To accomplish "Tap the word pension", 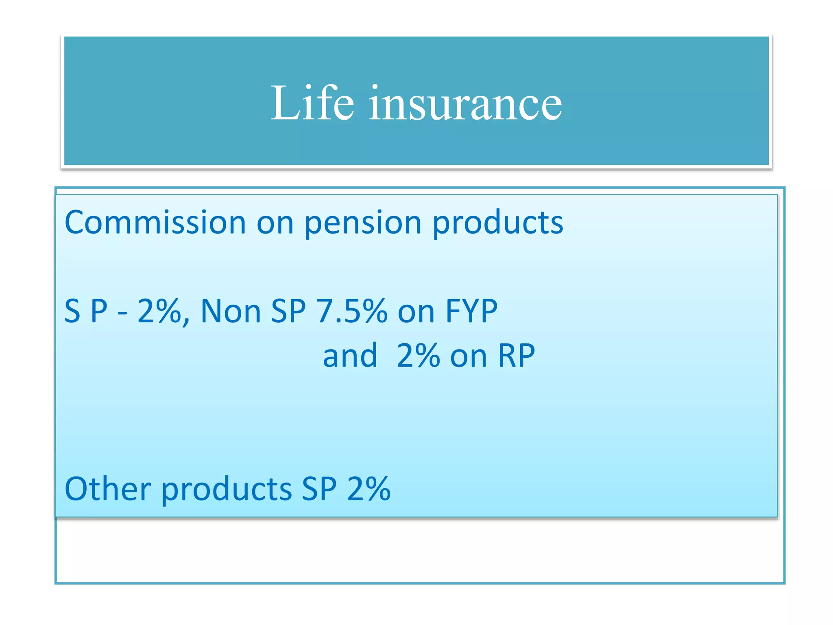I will [x=363, y=223].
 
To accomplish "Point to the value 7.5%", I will [x=351, y=311].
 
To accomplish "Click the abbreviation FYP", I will [x=471, y=311].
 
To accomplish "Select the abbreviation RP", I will [x=516, y=356].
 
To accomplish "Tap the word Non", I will [x=230, y=311].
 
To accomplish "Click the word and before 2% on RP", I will [x=350, y=356].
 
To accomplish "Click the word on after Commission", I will [x=275, y=223].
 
